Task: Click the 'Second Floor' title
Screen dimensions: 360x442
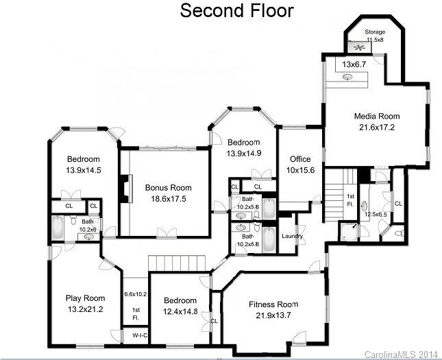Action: tap(237, 11)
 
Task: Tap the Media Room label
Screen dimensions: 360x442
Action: tap(376, 116)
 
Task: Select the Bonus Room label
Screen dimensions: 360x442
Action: tap(168, 187)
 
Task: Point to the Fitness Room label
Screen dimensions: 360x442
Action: tap(273, 304)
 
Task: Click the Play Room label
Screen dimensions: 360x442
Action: tap(85, 298)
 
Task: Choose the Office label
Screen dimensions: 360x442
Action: tap(300, 159)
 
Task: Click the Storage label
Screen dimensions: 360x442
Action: tap(375, 31)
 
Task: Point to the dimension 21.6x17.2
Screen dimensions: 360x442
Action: tap(376, 127)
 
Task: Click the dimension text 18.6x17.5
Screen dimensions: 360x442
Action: tap(168, 198)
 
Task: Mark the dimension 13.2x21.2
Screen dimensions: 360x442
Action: tap(85, 309)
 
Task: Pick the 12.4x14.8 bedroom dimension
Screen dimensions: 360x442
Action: tap(180, 312)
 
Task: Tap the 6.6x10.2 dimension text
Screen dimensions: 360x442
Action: tap(136, 293)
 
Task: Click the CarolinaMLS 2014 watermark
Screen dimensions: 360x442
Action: tap(401, 354)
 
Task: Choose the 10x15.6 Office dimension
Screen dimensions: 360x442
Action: tap(300, 170)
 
